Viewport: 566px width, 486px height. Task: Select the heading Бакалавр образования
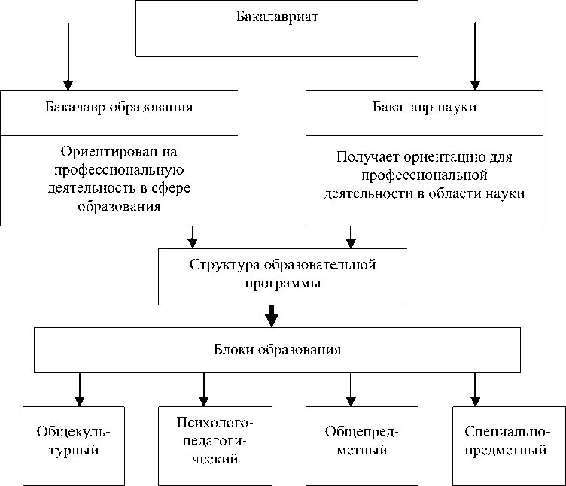[x=120, y=106]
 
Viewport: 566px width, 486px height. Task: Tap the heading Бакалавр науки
[x=424, y=106]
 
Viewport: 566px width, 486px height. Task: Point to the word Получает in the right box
[x=367, y=159]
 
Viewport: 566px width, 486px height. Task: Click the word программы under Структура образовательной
[x=283, y=284]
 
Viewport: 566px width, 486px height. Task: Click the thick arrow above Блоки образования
[x=272, y=316]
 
